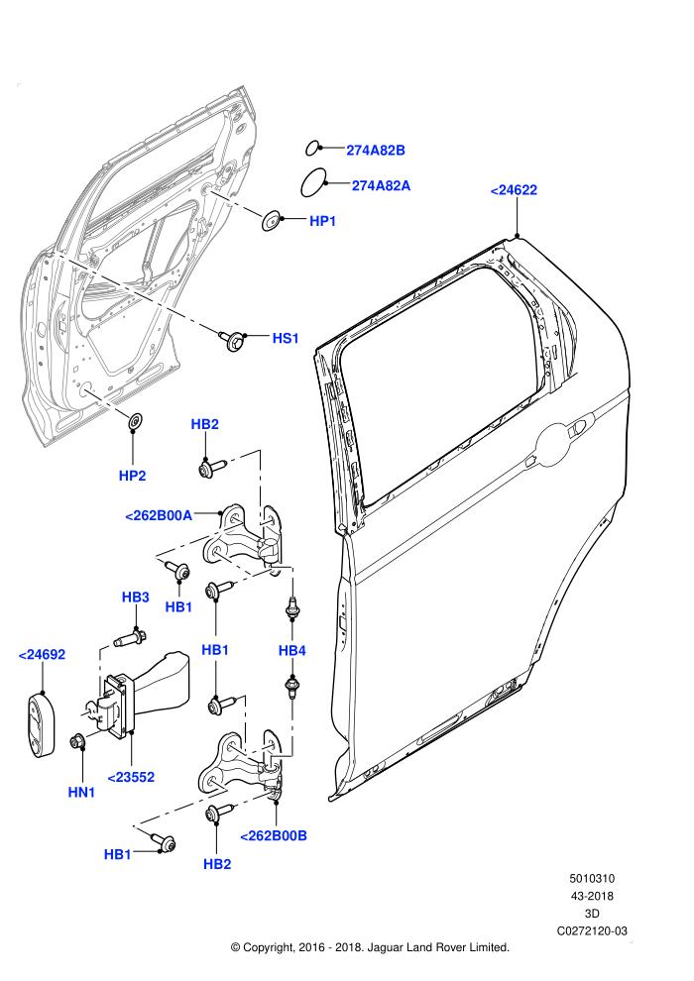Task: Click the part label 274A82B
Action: pyautogui.click(x=376, y=151)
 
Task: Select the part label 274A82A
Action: pyautogui.click(x=381, y=186)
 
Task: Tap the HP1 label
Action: pyautogui.click(x=323, y=221)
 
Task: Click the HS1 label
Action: pyautogui.click(x=286, y=339)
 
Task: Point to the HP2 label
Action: pyautogui.click(x=132, y=476)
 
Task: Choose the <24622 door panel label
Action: pyautogui.click(x=514, y=190)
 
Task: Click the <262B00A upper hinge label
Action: pyautogui.click(x=159, y=516)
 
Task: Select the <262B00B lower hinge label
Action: pyautogui.click(x=274, y=836)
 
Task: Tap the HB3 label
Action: pyautogui.click(x=135, y=597)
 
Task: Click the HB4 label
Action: pyautogui.click(x=291, y=651)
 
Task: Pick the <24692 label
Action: pyautogui.click(x=42, y=655)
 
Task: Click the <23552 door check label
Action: pyautogui.click(x=131, y=777)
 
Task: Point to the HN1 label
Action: pyautogui.click(x=81, y=792)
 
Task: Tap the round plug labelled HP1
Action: pyautogui.click(x=271, y=220)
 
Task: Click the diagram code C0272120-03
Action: pyautogui.click(x=592, y=930)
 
